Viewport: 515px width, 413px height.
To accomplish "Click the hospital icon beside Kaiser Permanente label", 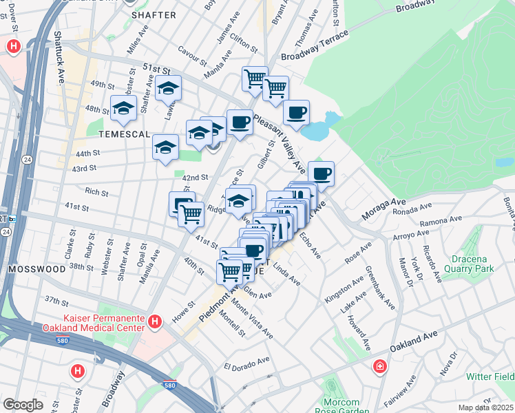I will (x=156, y=321).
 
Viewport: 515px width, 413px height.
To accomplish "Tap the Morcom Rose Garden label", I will (x=341, y=406).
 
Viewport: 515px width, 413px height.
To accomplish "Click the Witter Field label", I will (x=491, y=377).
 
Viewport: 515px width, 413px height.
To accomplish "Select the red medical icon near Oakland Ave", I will (x=379, y=366).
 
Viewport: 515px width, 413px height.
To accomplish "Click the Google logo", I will (x=23, y=405).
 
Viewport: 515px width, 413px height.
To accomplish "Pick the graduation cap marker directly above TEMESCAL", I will (x=124, y=108).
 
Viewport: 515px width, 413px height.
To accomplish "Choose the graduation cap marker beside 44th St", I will (x=165, y=148).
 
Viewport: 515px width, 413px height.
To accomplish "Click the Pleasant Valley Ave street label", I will (x=280, y=145).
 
